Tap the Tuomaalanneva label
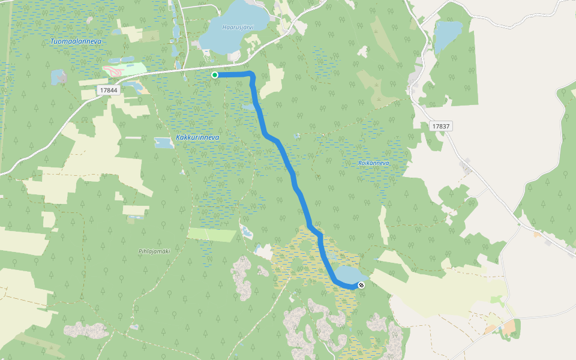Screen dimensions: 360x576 click(x=76, y=41)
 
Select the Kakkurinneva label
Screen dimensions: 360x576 click(x=197, y=137)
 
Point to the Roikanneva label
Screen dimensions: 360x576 click(x=373, y=163)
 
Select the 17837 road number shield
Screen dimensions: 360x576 click(x=441, y=127)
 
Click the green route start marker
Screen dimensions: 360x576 click(x=214, y=75)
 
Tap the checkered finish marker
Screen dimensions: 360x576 click(x=361, y=285)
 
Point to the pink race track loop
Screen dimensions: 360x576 click(x=115, y=70)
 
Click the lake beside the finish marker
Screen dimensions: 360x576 click(x=345, y=276)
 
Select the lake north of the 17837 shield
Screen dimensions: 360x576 click(x=448, y=36)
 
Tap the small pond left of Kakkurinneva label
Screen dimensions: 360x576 click(x=164, y=143)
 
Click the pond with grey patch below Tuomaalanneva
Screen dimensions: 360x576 click(x=59, y=77)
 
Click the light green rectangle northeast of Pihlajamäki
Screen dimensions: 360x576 click(x=211, y=234)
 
